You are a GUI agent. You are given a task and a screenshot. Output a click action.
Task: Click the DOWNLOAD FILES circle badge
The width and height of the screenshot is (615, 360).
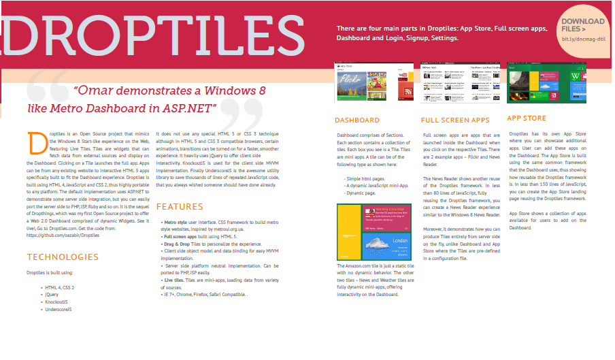583,33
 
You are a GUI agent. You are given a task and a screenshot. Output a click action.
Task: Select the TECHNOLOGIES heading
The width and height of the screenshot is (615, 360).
63,257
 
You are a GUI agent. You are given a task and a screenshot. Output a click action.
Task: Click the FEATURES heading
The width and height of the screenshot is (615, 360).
180,206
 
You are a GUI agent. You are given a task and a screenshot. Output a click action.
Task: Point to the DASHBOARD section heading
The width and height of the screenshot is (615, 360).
358,120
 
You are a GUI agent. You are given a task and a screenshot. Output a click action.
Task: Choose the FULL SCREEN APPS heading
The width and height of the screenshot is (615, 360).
456,120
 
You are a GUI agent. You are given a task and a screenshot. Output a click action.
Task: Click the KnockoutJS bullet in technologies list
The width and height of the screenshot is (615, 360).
56,301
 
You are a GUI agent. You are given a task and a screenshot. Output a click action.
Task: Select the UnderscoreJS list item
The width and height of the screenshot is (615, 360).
59,308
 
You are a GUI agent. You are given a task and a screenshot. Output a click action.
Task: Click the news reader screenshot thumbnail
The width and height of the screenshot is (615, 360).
460,83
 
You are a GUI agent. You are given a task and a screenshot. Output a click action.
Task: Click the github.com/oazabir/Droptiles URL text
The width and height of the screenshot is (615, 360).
67,235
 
